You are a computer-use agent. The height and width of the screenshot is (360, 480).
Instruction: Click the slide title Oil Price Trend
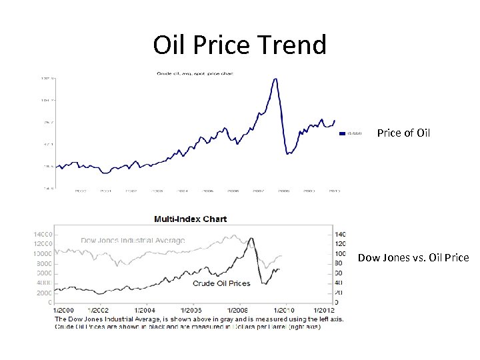click(240, 45)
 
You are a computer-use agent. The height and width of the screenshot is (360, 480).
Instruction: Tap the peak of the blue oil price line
click(275, 79)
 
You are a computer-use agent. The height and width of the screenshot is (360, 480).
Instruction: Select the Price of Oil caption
click(403, 133)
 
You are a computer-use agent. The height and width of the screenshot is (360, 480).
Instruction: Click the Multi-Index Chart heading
click(191, 219)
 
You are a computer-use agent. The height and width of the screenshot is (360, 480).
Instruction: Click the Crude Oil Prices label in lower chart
click(221, 283)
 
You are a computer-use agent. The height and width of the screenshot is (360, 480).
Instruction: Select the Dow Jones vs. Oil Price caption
click(413, 257)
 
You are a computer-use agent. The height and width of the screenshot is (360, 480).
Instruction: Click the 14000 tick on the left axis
click(42, 234)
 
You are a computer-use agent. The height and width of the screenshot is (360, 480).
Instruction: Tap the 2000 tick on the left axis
click(43, 293)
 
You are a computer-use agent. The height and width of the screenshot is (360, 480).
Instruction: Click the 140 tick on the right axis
click(341, 234)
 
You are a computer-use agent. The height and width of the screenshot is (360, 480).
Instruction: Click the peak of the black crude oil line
click(252, 237)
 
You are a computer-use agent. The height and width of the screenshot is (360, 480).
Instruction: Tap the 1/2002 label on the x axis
click(99, 310)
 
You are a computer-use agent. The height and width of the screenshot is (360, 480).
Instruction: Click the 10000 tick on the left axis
click(42, 254)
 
